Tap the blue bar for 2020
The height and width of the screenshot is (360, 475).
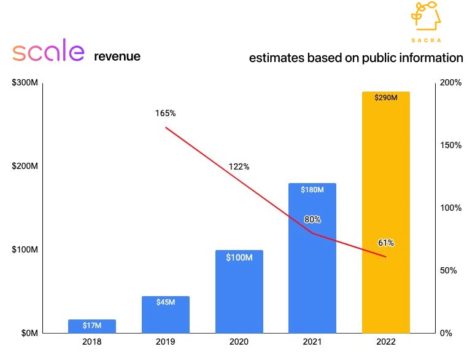[x=239, y=292]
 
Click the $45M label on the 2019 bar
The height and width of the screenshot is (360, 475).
[x=166, y=302]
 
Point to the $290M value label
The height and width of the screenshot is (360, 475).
[x=386, y=98]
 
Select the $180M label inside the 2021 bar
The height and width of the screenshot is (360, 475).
[x=312, y=190]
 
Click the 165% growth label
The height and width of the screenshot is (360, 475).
[x=165, y=114]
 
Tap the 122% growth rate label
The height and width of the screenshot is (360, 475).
[x=239, y=166]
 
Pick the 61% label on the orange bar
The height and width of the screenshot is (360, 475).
[x=386, y=243]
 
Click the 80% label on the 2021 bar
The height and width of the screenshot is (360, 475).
[x=312, y=219]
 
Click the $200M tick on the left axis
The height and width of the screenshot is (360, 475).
[x=25, y=166]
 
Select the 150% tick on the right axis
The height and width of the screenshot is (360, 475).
[x=452, y=146]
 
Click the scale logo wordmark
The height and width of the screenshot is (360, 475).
[x=48, y=53]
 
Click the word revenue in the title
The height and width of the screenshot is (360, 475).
[x=117, y=57]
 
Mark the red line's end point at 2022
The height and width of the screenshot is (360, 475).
[x=386, y=257]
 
